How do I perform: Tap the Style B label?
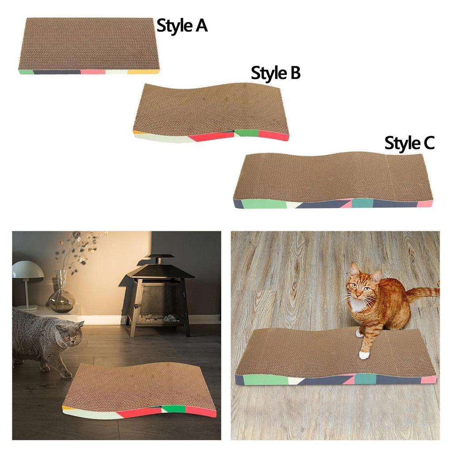pos(275,73)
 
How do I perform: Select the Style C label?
pos(409,143)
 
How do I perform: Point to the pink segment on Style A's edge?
pos(93,71)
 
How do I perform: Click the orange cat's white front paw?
pos(364,354)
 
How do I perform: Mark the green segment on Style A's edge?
pos(26,72)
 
